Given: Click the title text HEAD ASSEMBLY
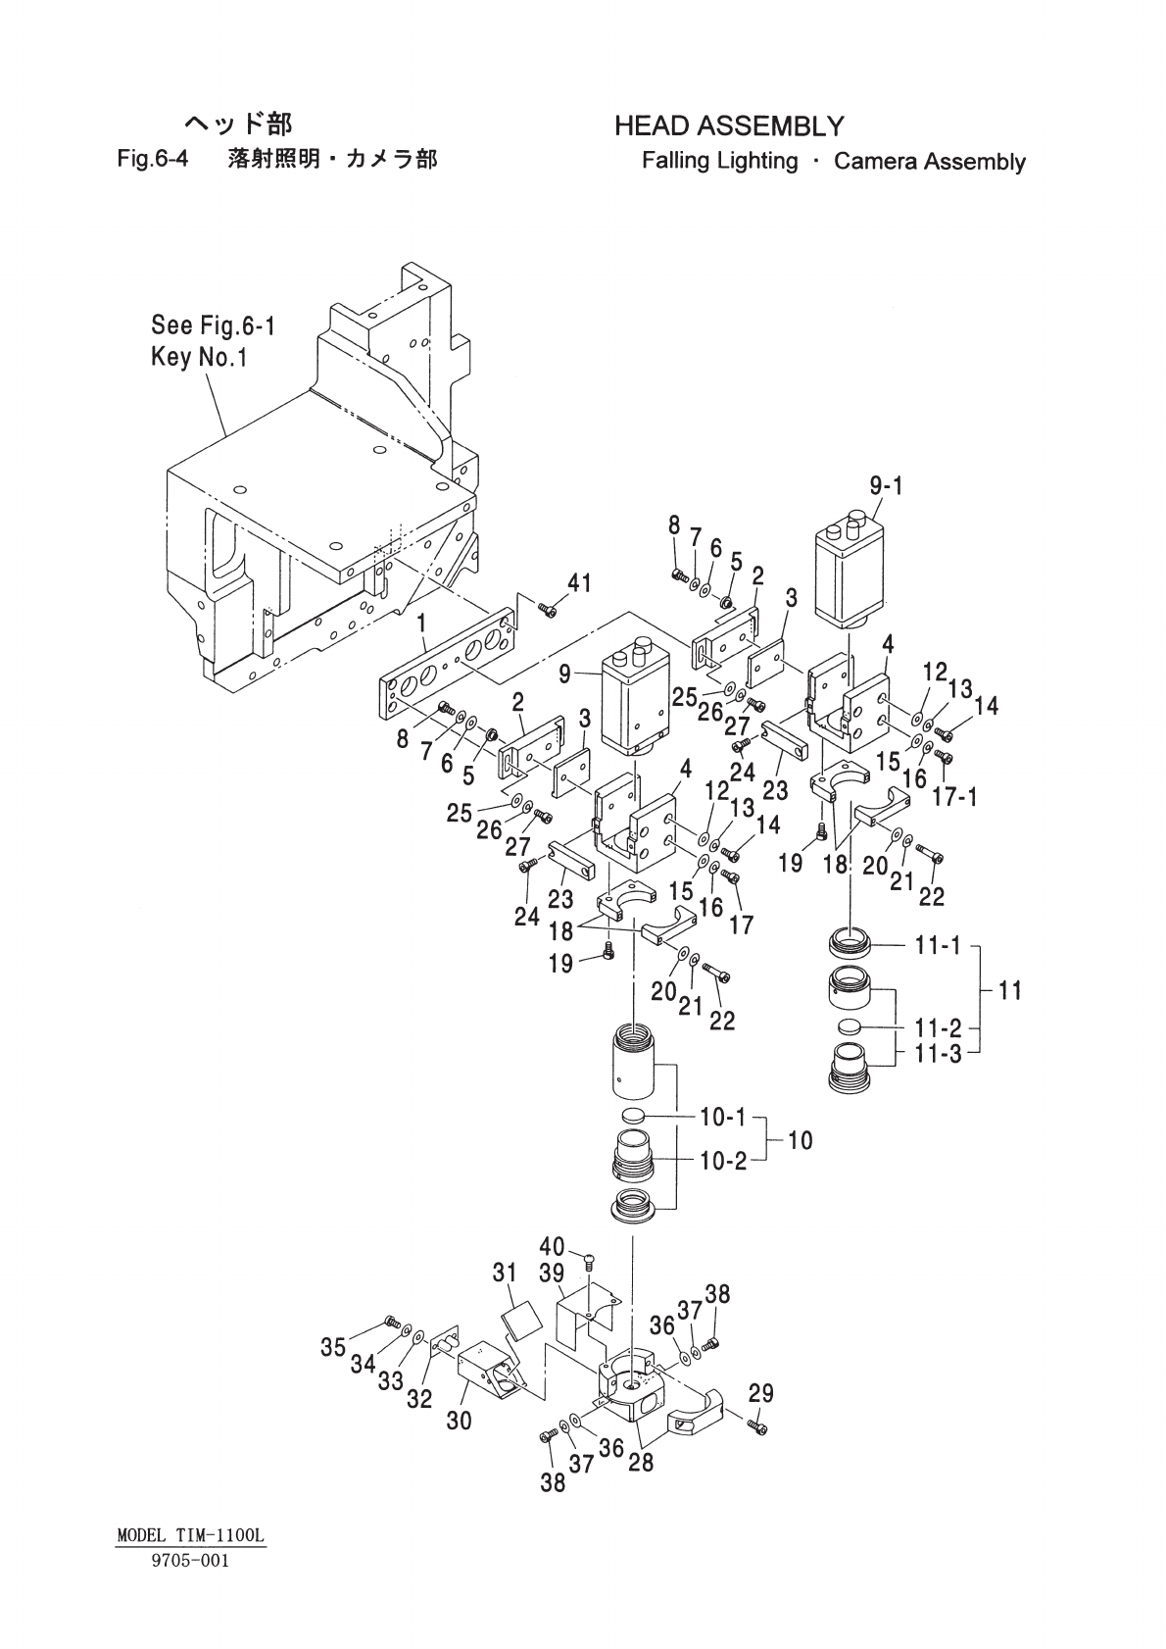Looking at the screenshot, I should (x=728, y=126).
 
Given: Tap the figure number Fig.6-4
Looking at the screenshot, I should (x=153, y=159).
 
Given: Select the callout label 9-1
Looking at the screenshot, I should (x=886, y=485).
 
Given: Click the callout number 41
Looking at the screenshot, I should (x=579, y=583).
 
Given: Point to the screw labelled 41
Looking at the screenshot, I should (x=548, y=612).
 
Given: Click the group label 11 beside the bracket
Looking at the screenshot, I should (x=1009, y=990).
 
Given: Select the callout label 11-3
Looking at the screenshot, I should (x=938, y=1056).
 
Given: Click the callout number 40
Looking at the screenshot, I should (x=553, y=1246).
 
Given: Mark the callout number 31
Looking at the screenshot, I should (x=505, y=1273).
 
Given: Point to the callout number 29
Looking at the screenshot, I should (x=760, y=1392).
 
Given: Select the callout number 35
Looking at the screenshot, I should (x=333, y=1347).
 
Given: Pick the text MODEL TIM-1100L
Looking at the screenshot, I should (x=190, y=1536).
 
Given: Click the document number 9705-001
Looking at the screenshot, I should (x=190, y=1561).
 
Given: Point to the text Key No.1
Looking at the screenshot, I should (x=199, y=357).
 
